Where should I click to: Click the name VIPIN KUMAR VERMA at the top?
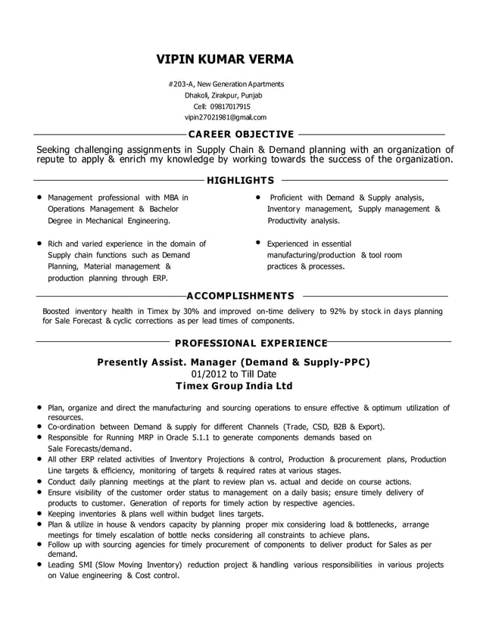[225, 59]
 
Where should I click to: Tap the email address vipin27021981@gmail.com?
[226, 117]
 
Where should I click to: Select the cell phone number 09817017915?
[227, 107]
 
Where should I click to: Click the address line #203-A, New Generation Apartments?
[226, 84]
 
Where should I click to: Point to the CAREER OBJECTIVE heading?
[241, 134]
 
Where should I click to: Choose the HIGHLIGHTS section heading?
[240, 181]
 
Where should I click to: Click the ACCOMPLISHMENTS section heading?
[240, 295]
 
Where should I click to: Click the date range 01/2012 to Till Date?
[233, 374]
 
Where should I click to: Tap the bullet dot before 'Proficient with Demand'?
[259, 197]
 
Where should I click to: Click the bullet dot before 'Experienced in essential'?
[259, 244]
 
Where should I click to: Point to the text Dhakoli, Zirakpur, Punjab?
[224, 95]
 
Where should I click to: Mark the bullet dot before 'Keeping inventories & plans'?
[39, 512]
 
